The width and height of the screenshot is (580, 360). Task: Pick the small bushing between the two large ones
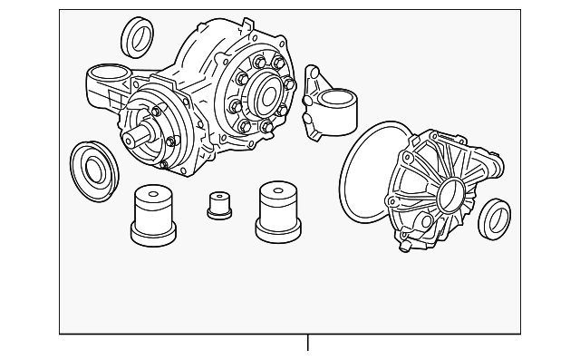point(217,205)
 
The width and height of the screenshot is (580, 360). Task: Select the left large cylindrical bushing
point(152,216)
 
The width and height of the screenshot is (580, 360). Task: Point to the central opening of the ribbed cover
point(450,195)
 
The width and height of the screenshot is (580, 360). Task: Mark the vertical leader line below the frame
point(307,342)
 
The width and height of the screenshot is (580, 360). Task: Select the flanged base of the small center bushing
point(217,214)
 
